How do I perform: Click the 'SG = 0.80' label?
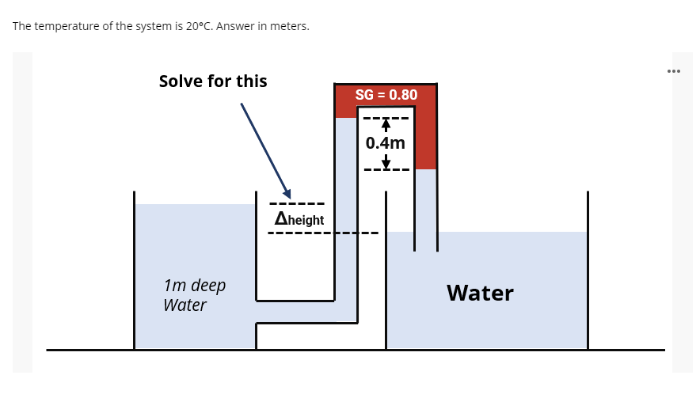pyautogui.click(x=386, y=95)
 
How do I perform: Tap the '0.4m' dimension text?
pyautogui.click(x=386, y=143)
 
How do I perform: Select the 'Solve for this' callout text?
pyautogui.click(x=213, y=81)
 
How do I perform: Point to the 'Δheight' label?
pyautogui.click(x=299, y=219)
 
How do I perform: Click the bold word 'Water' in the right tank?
pyautogui.click(x=480, y=293)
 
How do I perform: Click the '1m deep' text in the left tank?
pyautogui.click(x=194, y=285)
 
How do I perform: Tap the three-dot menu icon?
pyautogui.click(x=674, y=70)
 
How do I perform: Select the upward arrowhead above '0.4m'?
pyautogui.click(x=386, y=123)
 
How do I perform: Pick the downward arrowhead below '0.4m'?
pyautogui.click(x=386, y=164)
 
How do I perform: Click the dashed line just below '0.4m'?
pyautogui.click(x=386, y=169)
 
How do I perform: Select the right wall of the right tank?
pyautogui.click(x=588, y=269)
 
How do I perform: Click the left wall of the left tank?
pyautogui.click(x=134, y=269)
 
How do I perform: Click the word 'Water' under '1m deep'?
pyautogui.click(x=185, y=305)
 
